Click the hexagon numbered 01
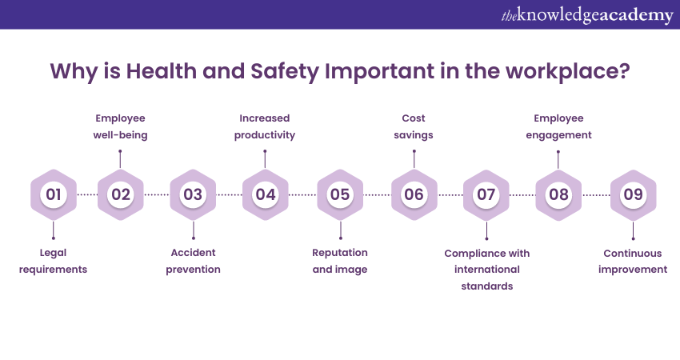[x=54, y=194]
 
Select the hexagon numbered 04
[x=265, y=194]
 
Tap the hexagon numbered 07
[x=486, y=194]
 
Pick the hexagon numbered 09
[x=633, y=194]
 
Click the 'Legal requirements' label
[x=53, y=261]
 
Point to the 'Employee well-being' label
[x=120, y=126]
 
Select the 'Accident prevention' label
[x=193, y=261]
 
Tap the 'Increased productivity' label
[x=265, y=126]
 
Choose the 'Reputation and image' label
[x=340, y=261]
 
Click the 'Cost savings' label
[x=414, y=126]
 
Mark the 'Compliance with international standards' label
[x=487, y=270]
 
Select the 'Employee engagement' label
[x=558, y=126]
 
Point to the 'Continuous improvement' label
[x=633, y=261]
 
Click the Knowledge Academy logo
[x=587, y=15]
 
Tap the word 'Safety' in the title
[x=285, y=71]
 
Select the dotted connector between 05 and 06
[x=377, y=194]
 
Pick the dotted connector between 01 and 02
[x=87, y=194]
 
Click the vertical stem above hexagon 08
[x=558, y=160]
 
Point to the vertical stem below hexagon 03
[x=194, y=230]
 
